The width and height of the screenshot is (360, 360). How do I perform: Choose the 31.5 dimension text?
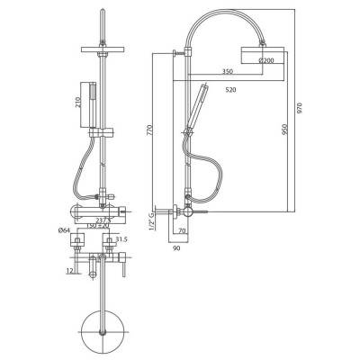[122, 238]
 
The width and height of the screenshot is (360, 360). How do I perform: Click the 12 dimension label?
[69, 270]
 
